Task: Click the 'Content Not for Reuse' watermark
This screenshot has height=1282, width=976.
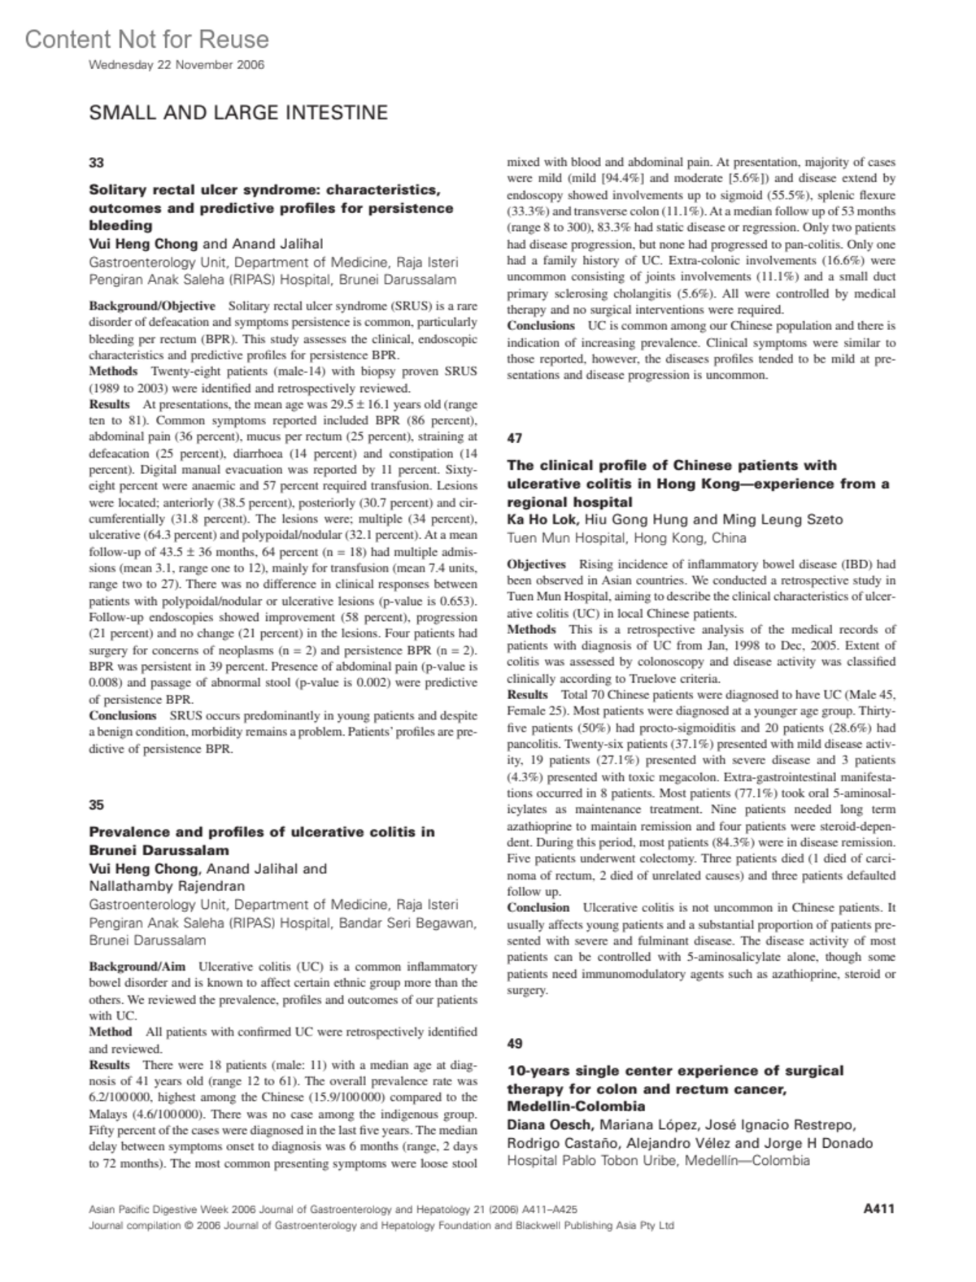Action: point(146,39)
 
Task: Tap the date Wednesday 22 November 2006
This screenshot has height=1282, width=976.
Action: point(176,65)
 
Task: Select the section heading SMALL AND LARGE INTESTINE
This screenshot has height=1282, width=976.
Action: point(238,113)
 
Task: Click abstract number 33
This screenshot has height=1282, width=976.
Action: point(96,163)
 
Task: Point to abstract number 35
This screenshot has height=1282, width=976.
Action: point(96,805)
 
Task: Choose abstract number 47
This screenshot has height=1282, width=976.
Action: point(514,438)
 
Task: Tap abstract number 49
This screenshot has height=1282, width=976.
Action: point(514,1043)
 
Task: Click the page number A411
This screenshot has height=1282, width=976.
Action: point(878,1208)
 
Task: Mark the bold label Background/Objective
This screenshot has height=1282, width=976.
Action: point(152,306)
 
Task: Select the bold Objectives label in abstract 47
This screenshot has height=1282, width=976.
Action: point(536,564)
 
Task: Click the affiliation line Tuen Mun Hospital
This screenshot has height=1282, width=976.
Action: point(626,537)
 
